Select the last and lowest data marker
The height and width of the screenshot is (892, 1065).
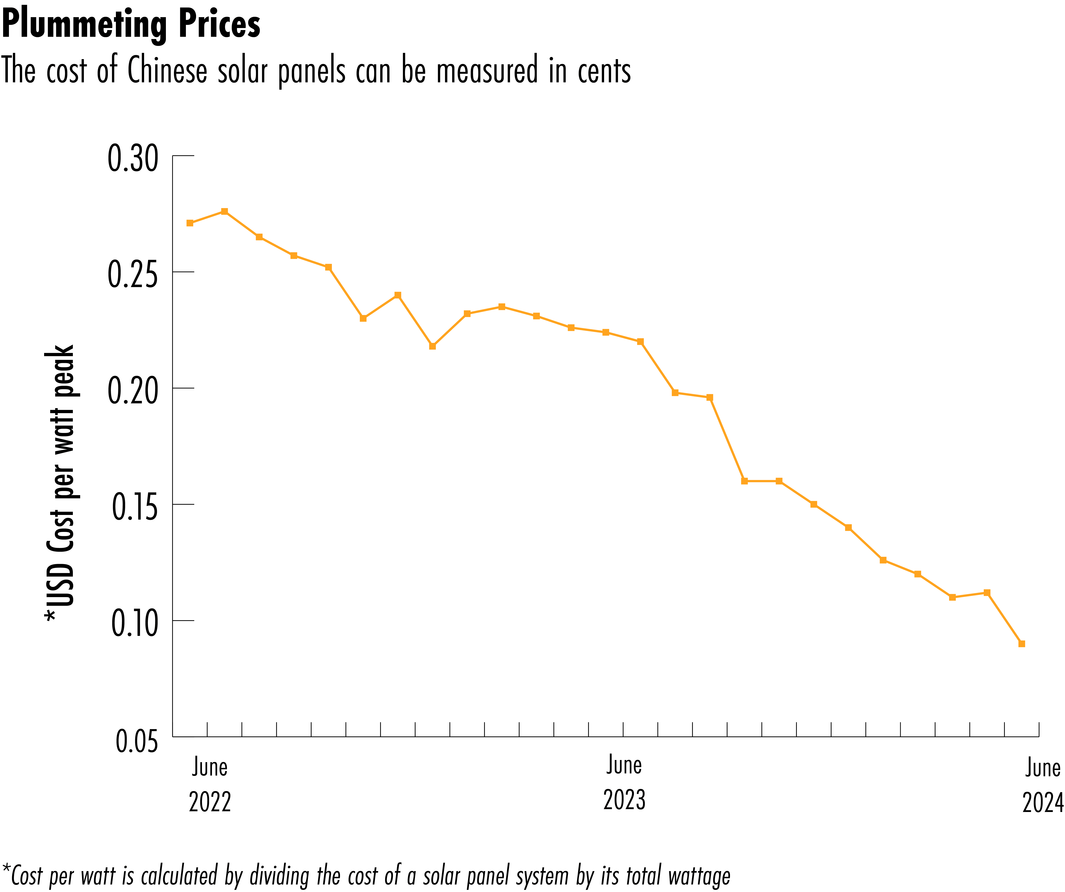pyautogui.click(x=1022, y=644)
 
